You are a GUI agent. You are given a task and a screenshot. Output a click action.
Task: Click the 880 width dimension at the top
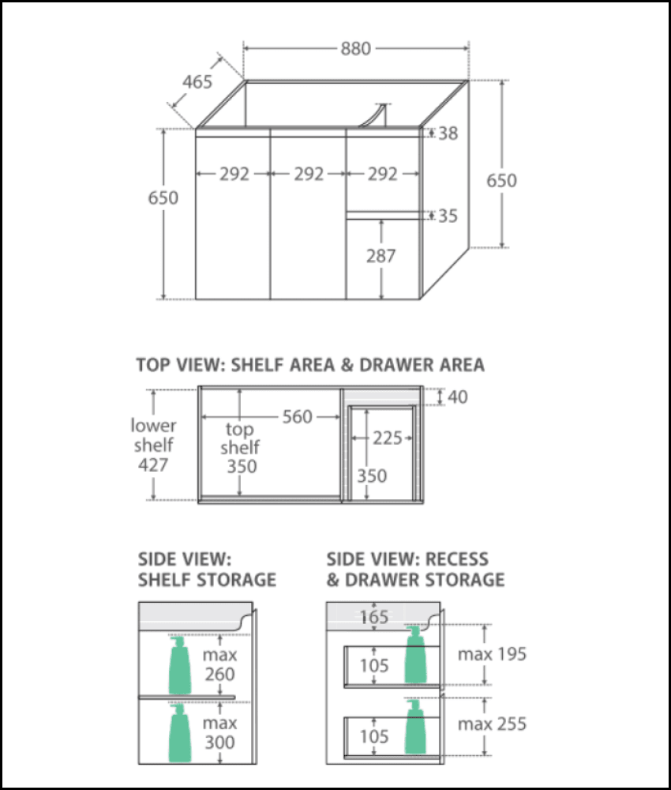[356, 49]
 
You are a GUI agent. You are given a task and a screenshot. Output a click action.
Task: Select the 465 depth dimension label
[197, 82]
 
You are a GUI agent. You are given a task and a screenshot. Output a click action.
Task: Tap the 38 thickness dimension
[448, 134]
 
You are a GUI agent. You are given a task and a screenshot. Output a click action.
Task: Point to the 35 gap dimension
[448, 216]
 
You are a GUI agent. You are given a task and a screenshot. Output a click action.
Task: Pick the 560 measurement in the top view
[297, 416]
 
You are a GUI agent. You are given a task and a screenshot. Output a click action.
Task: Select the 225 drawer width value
[388, 438]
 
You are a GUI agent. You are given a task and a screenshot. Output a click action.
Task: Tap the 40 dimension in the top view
[457, 397]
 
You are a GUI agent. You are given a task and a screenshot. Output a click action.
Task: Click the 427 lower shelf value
[153, 465]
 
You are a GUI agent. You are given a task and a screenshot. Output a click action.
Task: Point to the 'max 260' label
[219, 664]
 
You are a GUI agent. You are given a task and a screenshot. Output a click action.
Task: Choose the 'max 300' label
[219, 732]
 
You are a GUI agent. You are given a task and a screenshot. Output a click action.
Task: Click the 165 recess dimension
[375, 616]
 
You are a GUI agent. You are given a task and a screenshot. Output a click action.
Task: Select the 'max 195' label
[492, 654]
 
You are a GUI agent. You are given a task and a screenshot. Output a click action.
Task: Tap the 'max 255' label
[492, 724]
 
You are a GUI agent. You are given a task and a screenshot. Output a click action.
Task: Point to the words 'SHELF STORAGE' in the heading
[207, 580]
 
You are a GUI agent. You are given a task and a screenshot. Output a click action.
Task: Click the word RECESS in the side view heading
[457, 559]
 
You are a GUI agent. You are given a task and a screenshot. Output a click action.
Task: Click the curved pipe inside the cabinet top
[377, 115]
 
